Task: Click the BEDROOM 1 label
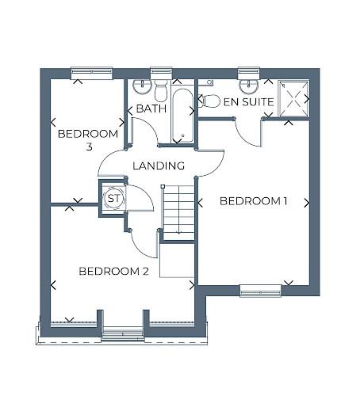click(x=253, y=201)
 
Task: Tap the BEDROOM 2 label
click(x=114, y=272)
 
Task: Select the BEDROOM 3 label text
click(x=88, y=140)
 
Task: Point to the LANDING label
click(x=159, y=166)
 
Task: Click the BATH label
click(x=150, y=108)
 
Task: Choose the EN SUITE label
click(x=248, y=102)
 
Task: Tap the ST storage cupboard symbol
click(x=113, y=197)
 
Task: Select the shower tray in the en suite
click(x=293, y=100)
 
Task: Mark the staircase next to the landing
click(x=178, y=210)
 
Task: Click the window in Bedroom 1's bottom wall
click(x=261, y=290)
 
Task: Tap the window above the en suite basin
click(x=249, y=72)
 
